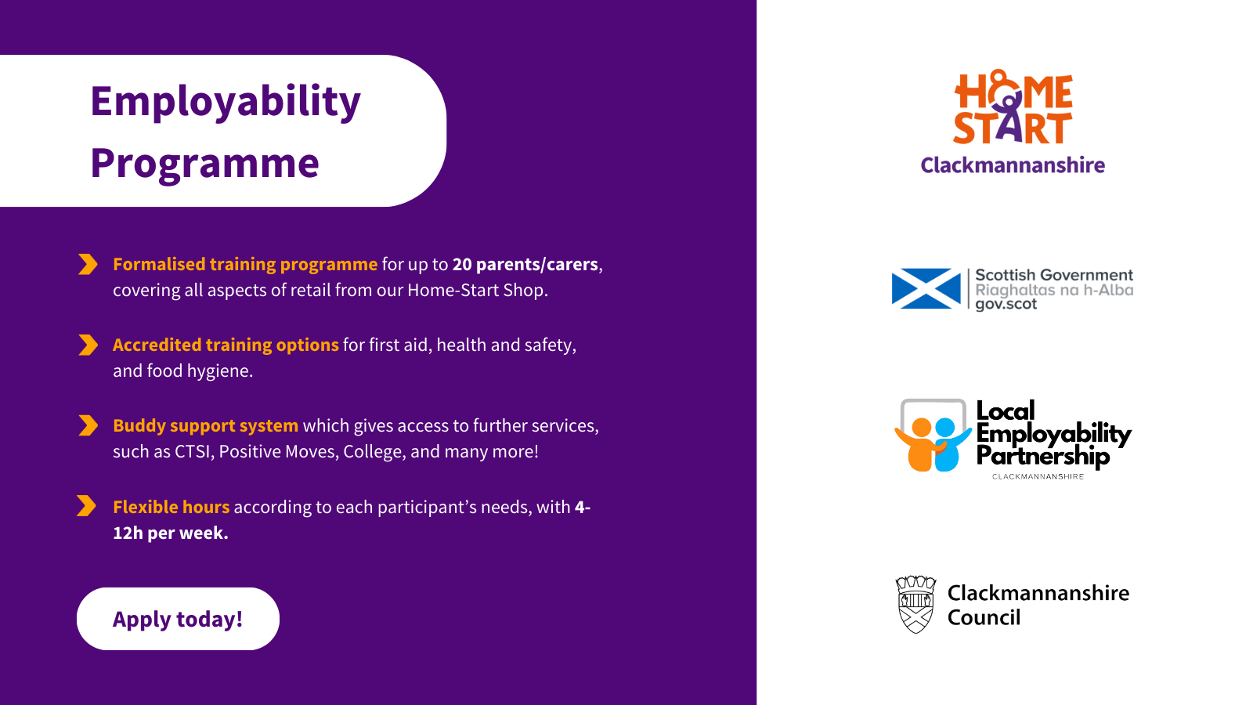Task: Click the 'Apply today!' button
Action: pyautogui.click(x=178, y=619)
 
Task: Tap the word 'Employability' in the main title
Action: pyautogui.click(x=226, y=103)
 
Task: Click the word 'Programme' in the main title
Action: pyautogui.click(x=204, y=164)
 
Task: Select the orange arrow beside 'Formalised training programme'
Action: pyautogui.click(x=88, y=264)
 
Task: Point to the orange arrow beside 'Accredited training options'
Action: pyautogui.click(x=88, y=345)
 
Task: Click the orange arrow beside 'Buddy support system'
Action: pyautogui.click(x=88, y=425)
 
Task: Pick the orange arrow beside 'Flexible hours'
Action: pyautogui.click(x=87, y=506)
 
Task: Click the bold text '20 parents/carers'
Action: pyautogui.click(x=525, y=264)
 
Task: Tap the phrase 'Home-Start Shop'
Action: pyautogui.click(x=475, y=290)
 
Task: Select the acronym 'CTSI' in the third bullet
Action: pyautogui.click(x=192, y=451)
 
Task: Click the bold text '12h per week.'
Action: pyautogui.click(x=171, y=533)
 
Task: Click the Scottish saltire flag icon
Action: pyautogui.click(x=926, y=289)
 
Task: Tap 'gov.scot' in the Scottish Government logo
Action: pyautogui.click(x=1006, y=305)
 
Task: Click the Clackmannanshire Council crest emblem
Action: pyautogui.click(x=915, y=605)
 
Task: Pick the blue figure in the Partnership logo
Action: pyautogui.click(x=951, y=444)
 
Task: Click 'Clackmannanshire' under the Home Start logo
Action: pyautogui.click(x=1013, y=165)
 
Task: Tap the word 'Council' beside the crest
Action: pyautogui.click(x=984, y=618)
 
